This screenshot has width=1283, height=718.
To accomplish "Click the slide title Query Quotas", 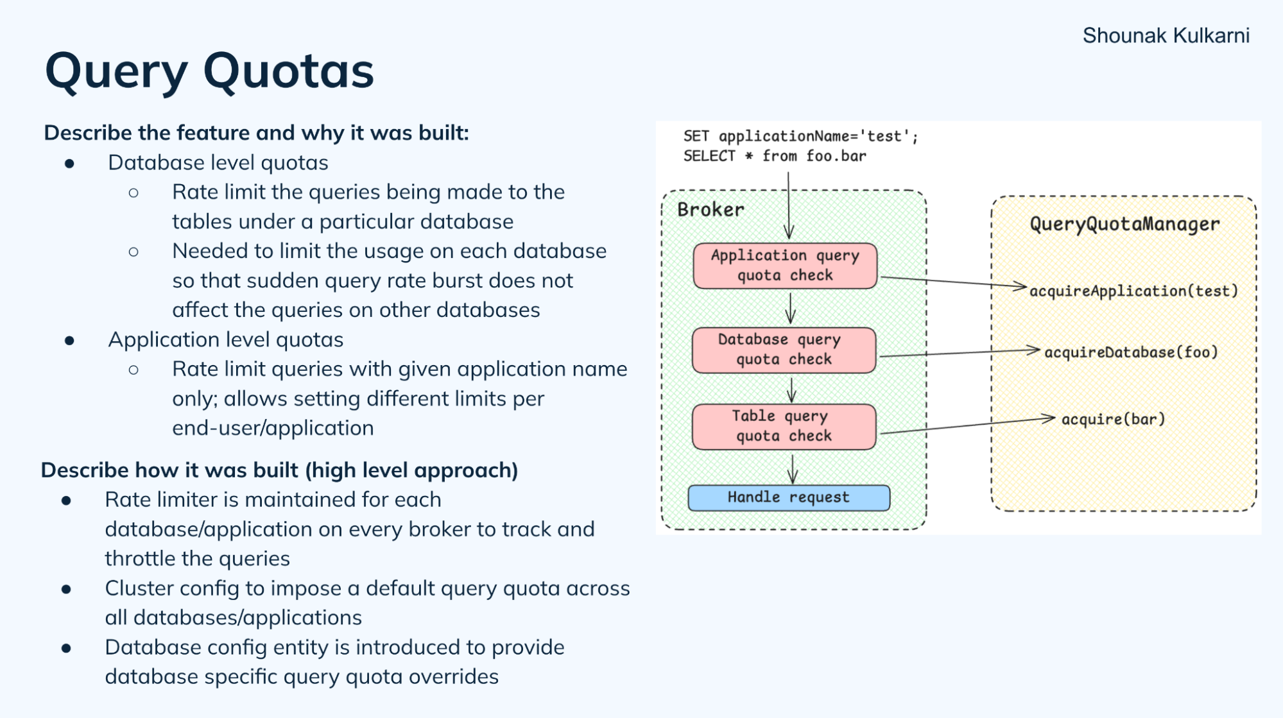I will (209, 71).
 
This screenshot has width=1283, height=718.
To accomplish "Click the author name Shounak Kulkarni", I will (1166, 35).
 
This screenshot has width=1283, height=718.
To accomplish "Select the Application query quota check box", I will (784, 266).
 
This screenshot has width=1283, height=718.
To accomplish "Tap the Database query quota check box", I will (784, 350).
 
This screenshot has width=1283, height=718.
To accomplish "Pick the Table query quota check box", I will (784, 426).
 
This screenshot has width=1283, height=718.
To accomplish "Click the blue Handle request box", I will (788, 498).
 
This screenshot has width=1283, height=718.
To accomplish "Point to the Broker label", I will (710, 210).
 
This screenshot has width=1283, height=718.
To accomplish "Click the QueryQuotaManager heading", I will (1124, 224).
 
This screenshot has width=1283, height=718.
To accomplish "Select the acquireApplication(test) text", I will (1133, 291).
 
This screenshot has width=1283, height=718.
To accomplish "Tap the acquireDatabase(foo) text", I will (1131, 352).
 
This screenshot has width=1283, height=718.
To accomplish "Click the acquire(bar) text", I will (1113, 420).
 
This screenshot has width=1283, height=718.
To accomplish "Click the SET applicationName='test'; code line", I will (800, 136).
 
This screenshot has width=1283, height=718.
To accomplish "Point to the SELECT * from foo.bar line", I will (775, 156).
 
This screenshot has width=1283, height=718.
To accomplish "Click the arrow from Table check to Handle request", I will (793, 468).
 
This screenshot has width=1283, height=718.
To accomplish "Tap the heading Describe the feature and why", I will (256, 133).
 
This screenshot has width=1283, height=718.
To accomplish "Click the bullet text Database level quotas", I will (218, 163).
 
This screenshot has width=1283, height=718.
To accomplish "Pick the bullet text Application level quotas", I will (225, 340).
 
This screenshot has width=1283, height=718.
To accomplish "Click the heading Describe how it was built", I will (279, 470).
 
